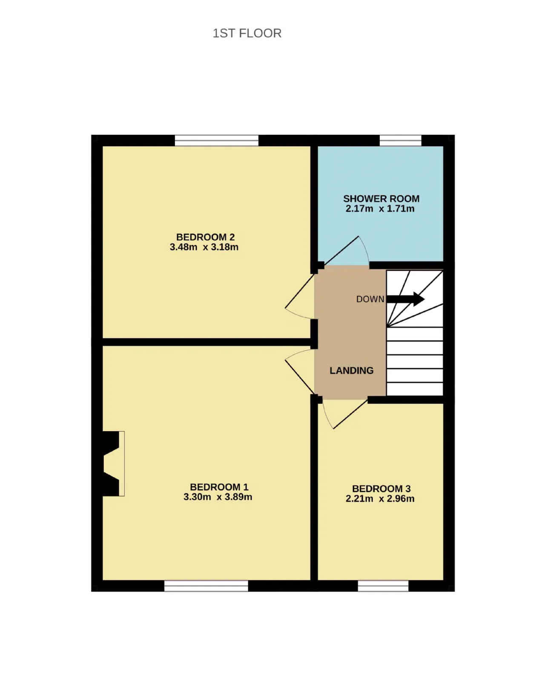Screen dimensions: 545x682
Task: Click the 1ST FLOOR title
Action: tap(247, 33)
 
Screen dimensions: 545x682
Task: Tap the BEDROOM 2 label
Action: tap(205, 237)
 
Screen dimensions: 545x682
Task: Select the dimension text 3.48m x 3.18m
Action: tap(204, 247)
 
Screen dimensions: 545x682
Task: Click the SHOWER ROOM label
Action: tap(381, 199)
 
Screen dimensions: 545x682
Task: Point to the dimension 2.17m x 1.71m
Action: tap(380, 209)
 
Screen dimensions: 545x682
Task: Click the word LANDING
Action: tap(351, 370)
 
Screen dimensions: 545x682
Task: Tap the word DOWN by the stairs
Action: tap(370, 299)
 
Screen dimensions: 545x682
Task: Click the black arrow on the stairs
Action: tap(406, 299)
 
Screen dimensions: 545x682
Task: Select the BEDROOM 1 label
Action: tap(219, 487)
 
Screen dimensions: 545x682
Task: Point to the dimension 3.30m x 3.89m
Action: tap(218, 497)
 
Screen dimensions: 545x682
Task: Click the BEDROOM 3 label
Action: tap(381, 489)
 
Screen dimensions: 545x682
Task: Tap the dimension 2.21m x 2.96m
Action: tap(380, 499)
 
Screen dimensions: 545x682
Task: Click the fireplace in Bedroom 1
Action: tap(113, 463)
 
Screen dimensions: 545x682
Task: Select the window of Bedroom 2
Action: tap(216, 140)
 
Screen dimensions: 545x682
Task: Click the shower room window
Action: tap(400, 140)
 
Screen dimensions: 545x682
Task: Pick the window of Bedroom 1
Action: tap(206, 586)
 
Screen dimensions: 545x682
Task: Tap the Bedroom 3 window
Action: tap(383, 586)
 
